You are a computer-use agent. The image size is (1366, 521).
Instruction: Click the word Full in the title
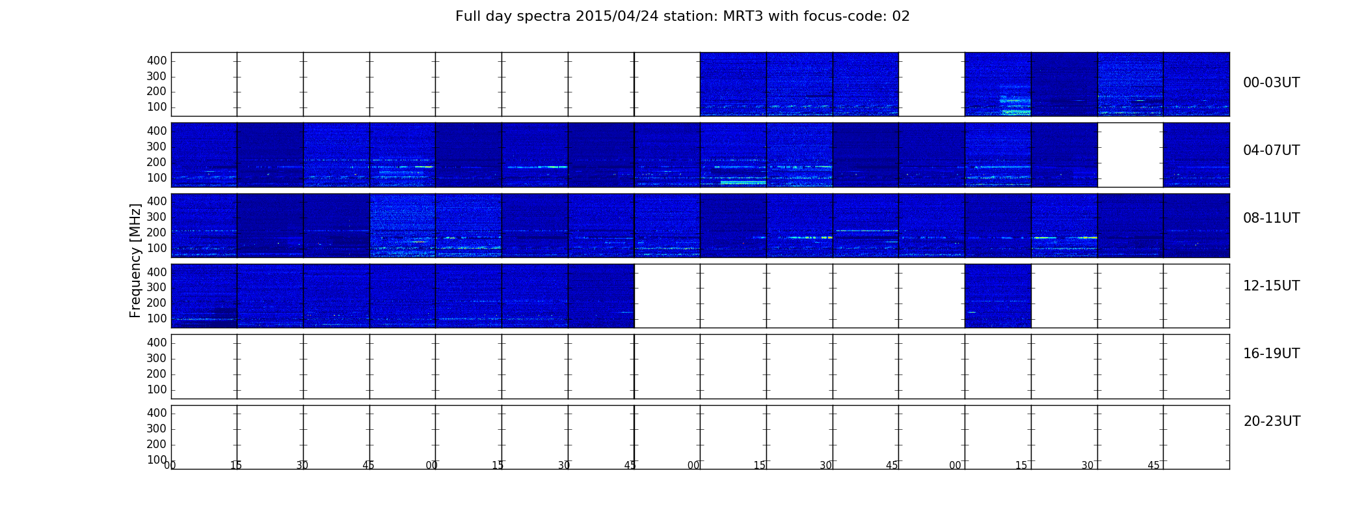coord(467,16)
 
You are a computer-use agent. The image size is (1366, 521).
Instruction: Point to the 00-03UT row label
coord(1272,83)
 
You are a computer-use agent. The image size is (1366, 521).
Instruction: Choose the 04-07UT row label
coord(1272,150)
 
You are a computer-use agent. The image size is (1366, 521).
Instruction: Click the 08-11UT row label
coord(1272,218)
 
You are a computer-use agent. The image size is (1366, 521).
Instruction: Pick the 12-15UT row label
coord(1272,286)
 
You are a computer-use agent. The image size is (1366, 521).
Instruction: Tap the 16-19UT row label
coord(1272,354)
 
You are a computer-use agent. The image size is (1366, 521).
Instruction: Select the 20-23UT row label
coord(1272,421)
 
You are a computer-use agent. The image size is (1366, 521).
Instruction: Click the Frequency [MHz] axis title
coord(135,260)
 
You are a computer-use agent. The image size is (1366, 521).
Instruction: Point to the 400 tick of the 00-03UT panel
coord(157,61)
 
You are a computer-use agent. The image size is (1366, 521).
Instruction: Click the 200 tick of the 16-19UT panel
coord(157,374)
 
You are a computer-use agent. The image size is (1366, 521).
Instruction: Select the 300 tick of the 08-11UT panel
coord(157,217)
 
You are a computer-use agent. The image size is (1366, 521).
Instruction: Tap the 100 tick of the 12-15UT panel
coord(157,318)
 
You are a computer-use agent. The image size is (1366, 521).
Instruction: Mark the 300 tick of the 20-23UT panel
coord(157,429)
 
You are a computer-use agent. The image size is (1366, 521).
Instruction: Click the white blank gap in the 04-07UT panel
coord(1131,155)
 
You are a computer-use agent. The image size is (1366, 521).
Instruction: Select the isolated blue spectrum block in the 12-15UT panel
coord(998,296)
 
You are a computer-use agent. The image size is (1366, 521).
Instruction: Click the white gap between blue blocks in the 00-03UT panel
coord(931,84)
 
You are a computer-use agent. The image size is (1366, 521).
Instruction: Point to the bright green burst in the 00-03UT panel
coord(1015,100)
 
